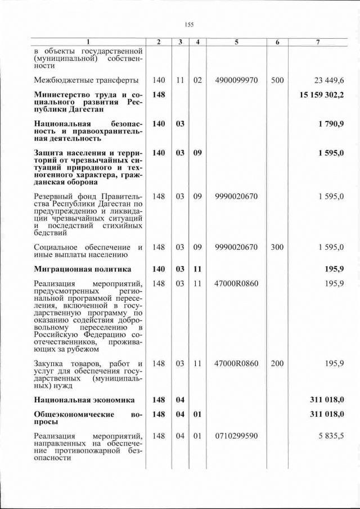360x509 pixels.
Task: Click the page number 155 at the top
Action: (x=189, y=24)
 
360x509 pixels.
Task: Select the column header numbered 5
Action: (x=236, y=42)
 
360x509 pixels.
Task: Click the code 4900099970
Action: (x=236, y=80)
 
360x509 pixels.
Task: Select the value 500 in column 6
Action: (x=277, y=80)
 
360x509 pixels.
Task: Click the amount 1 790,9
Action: (x=331, y=123)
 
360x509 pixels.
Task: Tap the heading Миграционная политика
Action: (x=82, y=269)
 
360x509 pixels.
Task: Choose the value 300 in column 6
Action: (x=277, y=247)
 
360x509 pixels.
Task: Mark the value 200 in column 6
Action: (x=277, y=363)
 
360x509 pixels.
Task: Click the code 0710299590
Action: (x=236, y=435)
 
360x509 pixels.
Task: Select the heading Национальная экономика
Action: (x=84, y=400)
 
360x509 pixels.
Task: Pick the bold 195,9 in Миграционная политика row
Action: (x=334, y=269)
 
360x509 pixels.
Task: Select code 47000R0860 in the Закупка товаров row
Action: (x=236, y=363)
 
